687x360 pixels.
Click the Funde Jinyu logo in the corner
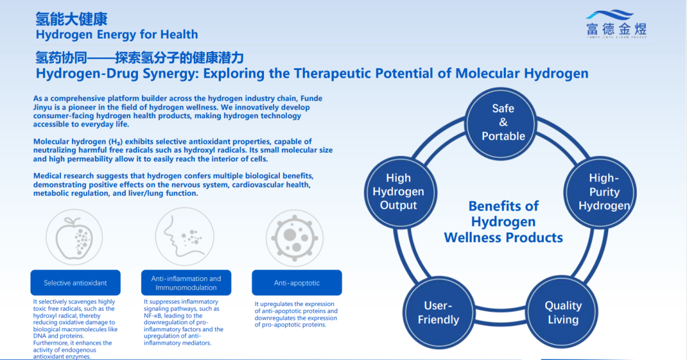pyautogui.click(x=616, y=25)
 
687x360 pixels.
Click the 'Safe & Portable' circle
pyautogui.click(x=503, y=122)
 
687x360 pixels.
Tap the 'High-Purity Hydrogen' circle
pyautogui.click(x=600, y=192)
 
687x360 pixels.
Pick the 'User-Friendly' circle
pyautogui.click(x=438, y=312)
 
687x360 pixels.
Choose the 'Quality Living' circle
pyautogui.click(x=562, y=312)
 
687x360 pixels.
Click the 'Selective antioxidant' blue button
pyautogui.click(x=75, y=283)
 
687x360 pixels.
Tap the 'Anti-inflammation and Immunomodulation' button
pyautogui.click(x=186, y=283)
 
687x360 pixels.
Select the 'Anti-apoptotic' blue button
pyautogui.click(x=296, y=283)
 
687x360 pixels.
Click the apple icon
pyautogui.click(x=74, y=237)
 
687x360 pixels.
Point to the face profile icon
pyautogui.click(x=184, y=237)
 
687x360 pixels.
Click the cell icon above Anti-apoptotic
pyautogui.click(x=295, y=238)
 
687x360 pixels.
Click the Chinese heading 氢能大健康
pyautogui.click(x=71, y=19)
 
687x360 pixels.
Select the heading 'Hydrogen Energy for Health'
pyautogui.click(x=117, y=34)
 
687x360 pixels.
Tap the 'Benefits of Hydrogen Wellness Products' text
pyautogui.click(x=503, y=221)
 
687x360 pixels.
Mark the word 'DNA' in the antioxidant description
pyautogui.click(x=40, y=336)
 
